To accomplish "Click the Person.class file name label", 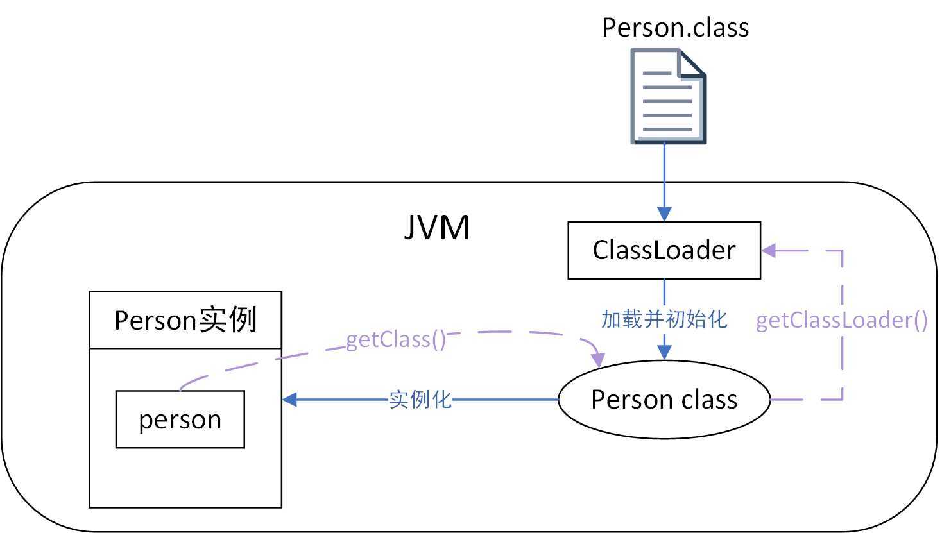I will [x=675, y=28].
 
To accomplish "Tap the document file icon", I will [x=667, y=96].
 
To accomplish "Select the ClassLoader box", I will [x=664, y=250].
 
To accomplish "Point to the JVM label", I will [x=437, y=227].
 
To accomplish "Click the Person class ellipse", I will [x=664, y=400].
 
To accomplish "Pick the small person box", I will [x=180, y=419].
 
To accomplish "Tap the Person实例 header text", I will [x=185, y=320].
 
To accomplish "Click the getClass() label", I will [x=396, y=339].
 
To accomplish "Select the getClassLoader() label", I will [x=842, y=320].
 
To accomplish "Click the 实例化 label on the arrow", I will [x=420, y=400].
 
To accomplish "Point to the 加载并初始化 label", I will [x=664, y=319].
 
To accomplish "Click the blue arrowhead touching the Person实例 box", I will [x=290, y=400].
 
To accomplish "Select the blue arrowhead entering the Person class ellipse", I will [x=664, y=351].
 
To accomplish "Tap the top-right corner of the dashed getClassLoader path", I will [x=842, y=250].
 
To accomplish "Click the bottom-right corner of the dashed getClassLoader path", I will [x=842, y=400].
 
